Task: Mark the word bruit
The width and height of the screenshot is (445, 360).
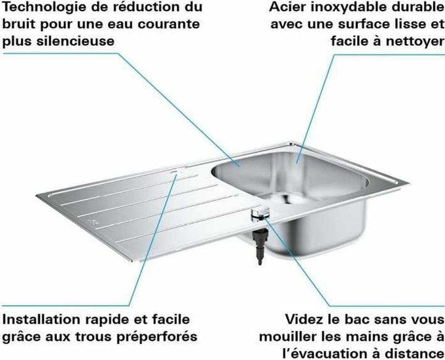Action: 19,25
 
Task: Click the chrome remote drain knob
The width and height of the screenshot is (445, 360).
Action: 258,212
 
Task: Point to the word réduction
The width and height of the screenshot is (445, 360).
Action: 140,9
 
